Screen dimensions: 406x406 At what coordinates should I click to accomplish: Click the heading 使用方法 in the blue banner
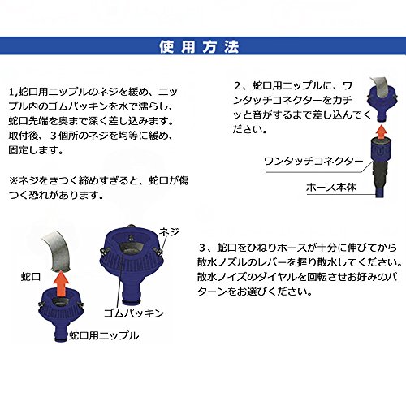click(x=199, y=46)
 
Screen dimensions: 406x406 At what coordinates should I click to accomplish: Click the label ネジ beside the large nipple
click(x=169, y=232)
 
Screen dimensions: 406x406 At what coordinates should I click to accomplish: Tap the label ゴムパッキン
click(x=134, y=313)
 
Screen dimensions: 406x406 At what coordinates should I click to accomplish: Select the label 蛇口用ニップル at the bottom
click(x=104, y=335)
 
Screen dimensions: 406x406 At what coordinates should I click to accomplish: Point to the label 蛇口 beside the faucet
click(x=31, y=277)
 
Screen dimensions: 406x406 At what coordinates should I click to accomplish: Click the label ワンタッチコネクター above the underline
click(x=313, y=162)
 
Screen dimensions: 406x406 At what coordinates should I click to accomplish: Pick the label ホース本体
click(x=331, y=187)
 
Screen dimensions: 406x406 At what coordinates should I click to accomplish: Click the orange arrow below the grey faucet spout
click(x=62, y=283)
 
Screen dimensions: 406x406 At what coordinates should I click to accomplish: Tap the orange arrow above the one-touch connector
click(x=382, y=132)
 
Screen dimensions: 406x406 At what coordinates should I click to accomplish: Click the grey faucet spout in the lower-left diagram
click(x=58, y=250)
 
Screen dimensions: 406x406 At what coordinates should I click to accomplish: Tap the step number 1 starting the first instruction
click(x=11, y=92)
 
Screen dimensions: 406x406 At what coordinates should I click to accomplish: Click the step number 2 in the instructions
click(x=237, y=86)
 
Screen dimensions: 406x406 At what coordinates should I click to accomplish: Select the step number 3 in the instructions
click(x=202, y=248)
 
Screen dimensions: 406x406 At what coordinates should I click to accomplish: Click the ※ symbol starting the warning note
click(x=13, y=180)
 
